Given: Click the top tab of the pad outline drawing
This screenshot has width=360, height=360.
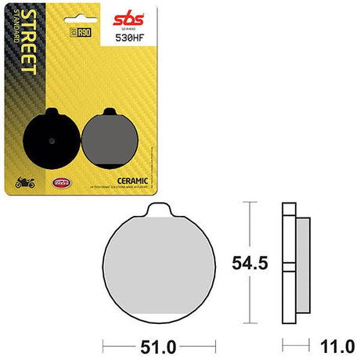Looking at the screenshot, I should [x=160, y=209].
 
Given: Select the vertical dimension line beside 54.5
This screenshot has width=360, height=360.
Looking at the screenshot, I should [x=249, y=262].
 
